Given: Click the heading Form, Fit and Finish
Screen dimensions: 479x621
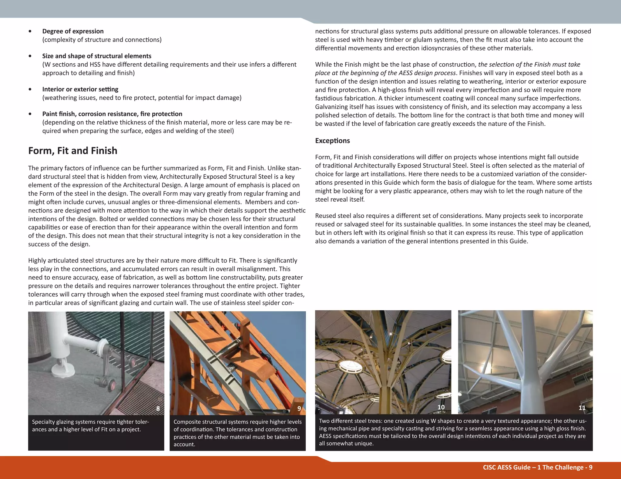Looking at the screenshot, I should coord(72,151).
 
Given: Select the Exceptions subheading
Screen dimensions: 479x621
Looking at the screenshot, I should coord(332,141).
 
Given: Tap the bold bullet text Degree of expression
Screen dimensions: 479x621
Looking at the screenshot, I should coord(73,31).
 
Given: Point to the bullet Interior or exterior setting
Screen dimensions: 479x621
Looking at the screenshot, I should coord(80,89).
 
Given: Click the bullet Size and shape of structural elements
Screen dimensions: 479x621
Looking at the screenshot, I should coord(96,56).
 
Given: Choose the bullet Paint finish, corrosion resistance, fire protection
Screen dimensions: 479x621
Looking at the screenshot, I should coord(112,114).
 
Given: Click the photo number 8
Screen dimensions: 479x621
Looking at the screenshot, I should coord(158,408).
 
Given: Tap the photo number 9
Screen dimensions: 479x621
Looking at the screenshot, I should coord(299,408).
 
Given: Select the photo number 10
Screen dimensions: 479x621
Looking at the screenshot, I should coord(441,407).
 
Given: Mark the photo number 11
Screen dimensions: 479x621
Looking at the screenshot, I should coord(582,408).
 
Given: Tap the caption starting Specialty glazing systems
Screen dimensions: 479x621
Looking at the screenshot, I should coord(90,425).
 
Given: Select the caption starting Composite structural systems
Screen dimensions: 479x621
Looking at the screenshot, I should coord(237,433).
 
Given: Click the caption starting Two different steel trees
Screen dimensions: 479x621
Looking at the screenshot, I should coord(452,432).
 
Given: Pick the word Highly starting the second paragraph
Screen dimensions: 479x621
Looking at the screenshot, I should coord(37,261).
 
